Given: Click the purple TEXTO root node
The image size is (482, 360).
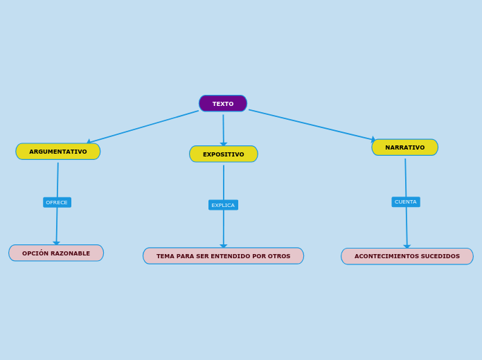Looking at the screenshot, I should click(x=223, y=104).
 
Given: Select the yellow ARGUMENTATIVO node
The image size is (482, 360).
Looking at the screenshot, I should click(x=58, y=152).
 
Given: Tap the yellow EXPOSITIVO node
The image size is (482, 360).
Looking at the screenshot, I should click(x=224, y=154).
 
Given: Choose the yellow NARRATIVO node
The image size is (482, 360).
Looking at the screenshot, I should click(x=405, y=147).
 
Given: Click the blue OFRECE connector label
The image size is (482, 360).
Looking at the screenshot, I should click(x=57, y=202).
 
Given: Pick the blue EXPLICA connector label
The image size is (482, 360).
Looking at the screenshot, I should click(x=223, y=205).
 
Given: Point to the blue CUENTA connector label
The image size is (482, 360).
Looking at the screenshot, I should click(x=406, y=202).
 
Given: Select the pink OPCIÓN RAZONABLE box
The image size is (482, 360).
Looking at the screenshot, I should click(x=56, y=253).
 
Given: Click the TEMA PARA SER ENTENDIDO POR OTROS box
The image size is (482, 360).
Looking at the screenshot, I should click(x=223, y=256).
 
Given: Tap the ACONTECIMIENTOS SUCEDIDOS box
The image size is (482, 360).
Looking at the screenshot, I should click(x=407, y=256).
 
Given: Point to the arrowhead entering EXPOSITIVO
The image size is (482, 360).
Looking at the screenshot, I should click(x=224, y=144).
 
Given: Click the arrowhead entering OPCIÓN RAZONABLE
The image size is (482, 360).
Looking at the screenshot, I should click(x=57, y=243).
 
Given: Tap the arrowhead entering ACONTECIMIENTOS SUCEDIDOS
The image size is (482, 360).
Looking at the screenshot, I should click(x=407, y=246).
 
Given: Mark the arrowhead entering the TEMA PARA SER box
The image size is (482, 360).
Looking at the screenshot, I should click(x=224, y=246).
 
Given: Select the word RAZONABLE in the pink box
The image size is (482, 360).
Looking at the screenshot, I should click(x=71, y=253).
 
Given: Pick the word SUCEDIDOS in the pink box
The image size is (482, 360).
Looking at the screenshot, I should click(x=440, y=256).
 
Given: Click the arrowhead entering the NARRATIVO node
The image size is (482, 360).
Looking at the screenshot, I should click(x=373, y=140).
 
